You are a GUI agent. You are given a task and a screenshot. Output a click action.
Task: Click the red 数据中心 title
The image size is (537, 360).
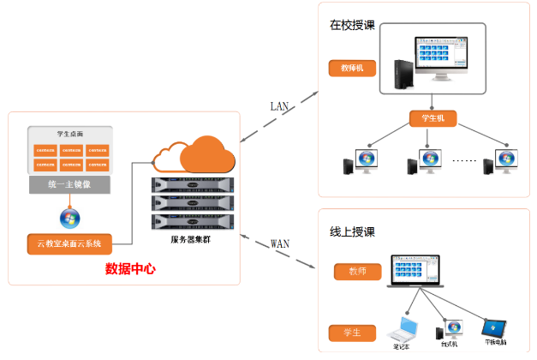coord(130,268)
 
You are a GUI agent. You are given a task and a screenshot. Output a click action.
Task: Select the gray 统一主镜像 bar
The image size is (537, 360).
coord(69,184)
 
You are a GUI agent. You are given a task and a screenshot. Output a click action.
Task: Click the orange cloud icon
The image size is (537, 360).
coord(194,154)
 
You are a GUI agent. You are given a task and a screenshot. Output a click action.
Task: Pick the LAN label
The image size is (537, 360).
coord(280,106)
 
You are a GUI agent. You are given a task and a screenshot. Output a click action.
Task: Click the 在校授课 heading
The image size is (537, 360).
coord(352,24)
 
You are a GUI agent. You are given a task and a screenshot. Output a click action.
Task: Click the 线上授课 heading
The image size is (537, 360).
coord(352,231)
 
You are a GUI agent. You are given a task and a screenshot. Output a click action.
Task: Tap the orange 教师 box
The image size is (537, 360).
coord(357,273)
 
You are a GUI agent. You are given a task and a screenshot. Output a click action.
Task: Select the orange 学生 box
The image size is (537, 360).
coord(352,332)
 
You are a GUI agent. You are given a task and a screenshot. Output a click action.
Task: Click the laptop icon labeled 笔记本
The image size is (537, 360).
coord(403,328)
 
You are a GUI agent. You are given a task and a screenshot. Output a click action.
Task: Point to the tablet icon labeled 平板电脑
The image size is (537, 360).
coord(496,327)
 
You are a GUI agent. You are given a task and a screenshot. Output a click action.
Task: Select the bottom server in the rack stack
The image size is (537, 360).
coord(192,222)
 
